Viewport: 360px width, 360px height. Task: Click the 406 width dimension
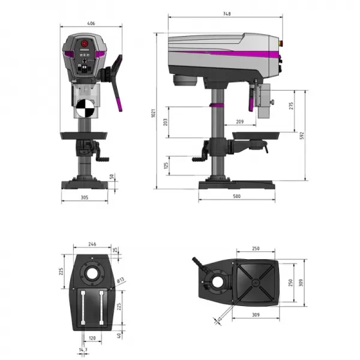[92, 23]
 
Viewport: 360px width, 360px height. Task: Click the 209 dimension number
[240, 122]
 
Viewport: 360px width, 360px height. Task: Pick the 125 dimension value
[166, 164]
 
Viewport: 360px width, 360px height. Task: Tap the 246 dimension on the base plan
[92, 244]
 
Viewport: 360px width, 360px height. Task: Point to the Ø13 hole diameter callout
[121, 280]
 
